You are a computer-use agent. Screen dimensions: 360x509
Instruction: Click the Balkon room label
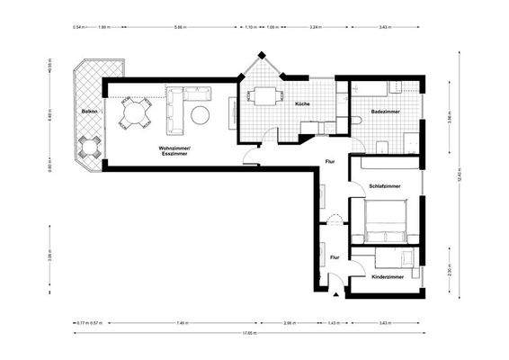(89, 111)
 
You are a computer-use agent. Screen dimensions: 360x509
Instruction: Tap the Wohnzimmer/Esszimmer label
(174, 150)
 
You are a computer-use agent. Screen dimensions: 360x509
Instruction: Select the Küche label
(302, 105)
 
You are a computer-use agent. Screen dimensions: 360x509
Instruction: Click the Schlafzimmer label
(384, 185)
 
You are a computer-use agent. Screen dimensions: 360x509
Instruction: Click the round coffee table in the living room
(199, 114)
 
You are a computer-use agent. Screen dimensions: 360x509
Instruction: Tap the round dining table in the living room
(135, 112)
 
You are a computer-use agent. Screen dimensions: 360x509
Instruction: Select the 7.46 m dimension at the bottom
(182, 321)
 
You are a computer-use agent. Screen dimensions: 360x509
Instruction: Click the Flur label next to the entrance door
(334, 258)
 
